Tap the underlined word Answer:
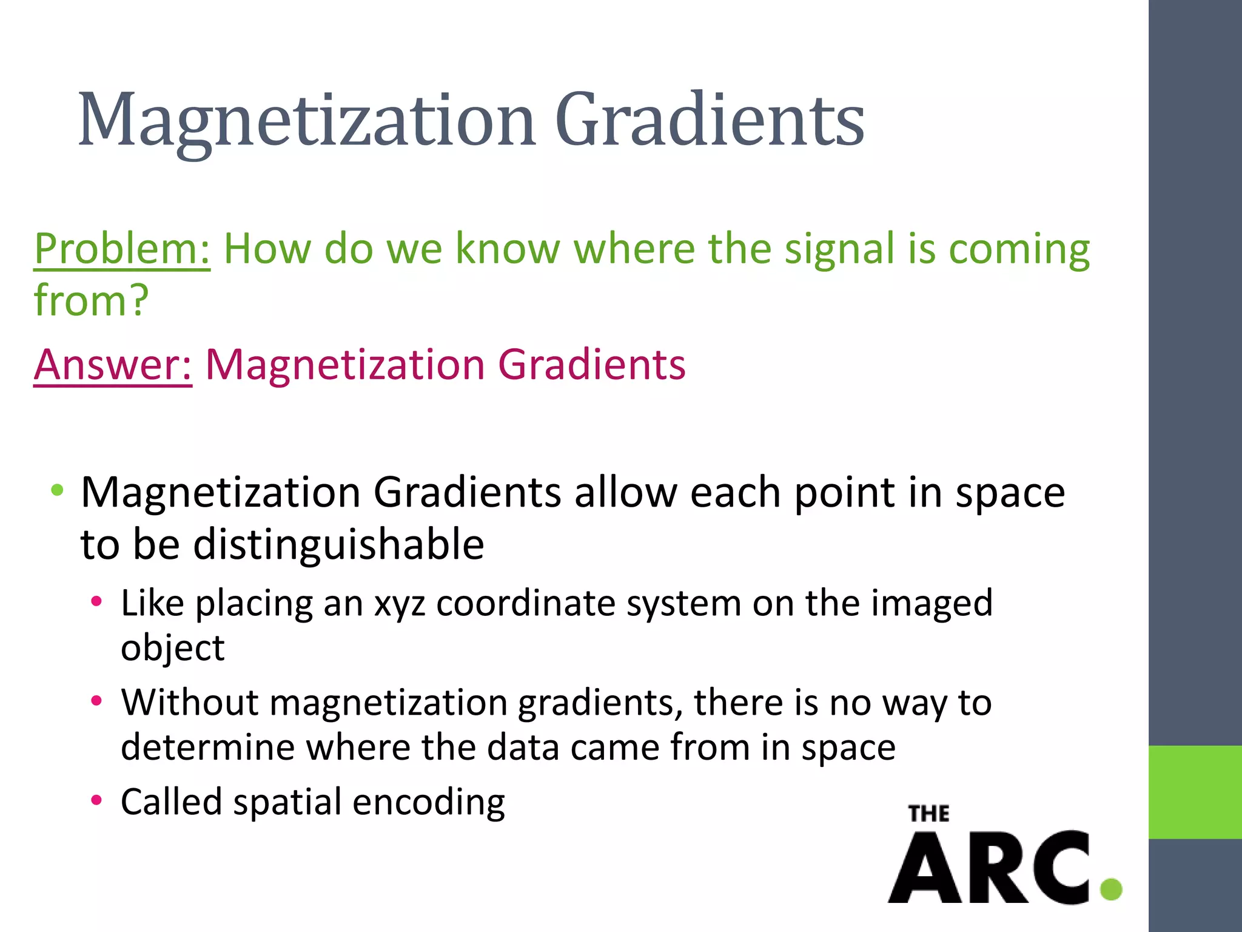(x=113, y=365)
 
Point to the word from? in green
(x=91, y=300)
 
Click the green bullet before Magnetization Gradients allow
(x=57, y=490)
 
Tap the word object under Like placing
(x=172, y=648)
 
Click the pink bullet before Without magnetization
(x=96, y=701)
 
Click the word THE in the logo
(x=928, y=814)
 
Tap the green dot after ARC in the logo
(x=1111, y=890)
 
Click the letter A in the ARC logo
(x=925, y=869)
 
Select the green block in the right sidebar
(x=1195, y=792)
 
